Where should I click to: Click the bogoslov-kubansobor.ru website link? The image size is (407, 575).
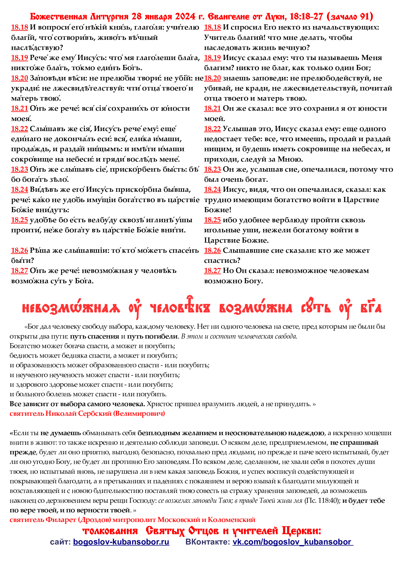[121, 542]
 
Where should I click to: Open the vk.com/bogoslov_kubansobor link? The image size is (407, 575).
[293, 542]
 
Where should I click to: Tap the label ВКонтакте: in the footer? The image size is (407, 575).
[208, 542]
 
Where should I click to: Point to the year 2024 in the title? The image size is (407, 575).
[185, 16]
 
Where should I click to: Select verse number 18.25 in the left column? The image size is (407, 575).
[19, 220]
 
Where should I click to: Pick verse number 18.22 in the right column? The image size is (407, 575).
[212, 129]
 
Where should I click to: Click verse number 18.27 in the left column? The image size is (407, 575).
[19, 271]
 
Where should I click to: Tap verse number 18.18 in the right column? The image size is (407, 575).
[212, 27]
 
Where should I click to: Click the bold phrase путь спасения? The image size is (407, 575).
[95, 336]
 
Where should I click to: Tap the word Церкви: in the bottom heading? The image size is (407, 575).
[301, 531]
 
